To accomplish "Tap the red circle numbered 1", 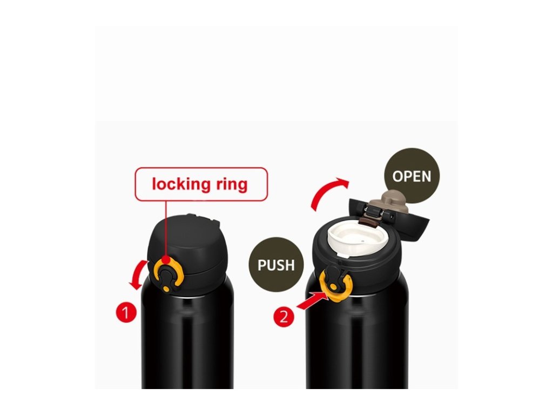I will (x=125, y=312).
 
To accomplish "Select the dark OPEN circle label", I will (x=412, y=177).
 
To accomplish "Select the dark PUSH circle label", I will (x=276, y=265).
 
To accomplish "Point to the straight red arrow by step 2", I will (x=311, y=300).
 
